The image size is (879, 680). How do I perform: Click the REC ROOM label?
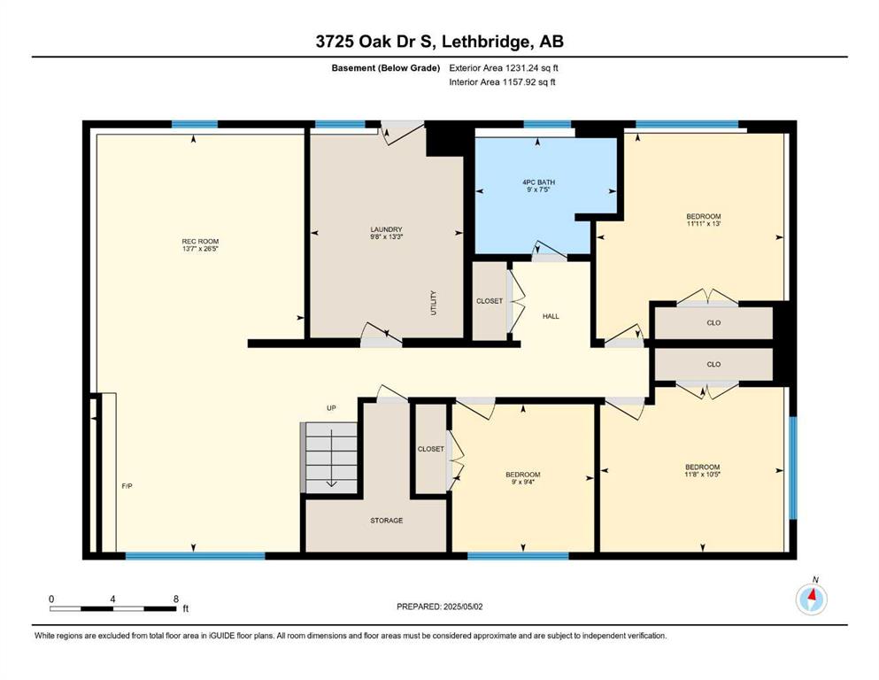tap(200, 242)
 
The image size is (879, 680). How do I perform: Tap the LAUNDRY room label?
tap(386, 229)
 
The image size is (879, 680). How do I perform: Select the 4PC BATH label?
tap(538, 182)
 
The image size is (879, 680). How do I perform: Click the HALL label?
tap(551, 316)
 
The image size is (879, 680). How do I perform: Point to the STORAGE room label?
tap(386, 521)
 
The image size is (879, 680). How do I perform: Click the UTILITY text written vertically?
tap(434, 303)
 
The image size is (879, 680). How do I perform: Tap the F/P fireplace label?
tap(127, 486)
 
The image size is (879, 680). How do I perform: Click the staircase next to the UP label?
tap(329, 458)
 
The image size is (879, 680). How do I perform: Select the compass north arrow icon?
tap(811, 599)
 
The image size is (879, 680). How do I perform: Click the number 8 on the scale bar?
tap(176, 599)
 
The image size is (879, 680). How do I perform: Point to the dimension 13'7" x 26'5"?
tap(200, 248)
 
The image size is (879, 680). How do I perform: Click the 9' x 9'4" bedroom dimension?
tap(523, 482)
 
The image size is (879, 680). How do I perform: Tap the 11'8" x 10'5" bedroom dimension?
tap(703, 474)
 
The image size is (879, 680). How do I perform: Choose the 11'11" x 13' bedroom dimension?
tap(704, 223)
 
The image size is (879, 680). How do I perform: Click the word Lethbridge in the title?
tap(485, 42)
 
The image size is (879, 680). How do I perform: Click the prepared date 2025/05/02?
tap(462, 607)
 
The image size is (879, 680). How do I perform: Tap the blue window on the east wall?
tap(792, 467)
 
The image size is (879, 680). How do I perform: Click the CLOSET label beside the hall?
tap(490, 301)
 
